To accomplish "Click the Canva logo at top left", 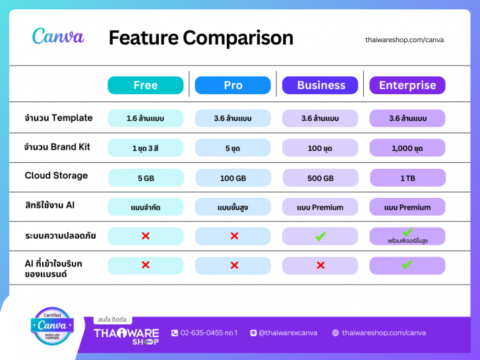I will [58, 36].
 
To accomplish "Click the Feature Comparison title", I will [200, 38].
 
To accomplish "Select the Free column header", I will [146, 85].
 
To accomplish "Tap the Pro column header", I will [233, 85].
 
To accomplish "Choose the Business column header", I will [320, 85].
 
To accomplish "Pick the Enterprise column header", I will [407, 85].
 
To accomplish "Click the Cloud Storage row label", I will [56, 175].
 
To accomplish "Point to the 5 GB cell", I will [146, 178].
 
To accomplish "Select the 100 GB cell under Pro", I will [233, 178].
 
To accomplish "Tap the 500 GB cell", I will [320, 178].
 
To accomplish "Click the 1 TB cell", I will [407, 178].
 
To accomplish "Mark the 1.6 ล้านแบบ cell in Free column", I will [146, 119].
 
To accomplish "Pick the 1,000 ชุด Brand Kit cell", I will [407, 148].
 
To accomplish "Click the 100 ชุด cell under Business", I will [320, 148].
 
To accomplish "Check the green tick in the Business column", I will [320, 236].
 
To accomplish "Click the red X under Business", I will [320, 265].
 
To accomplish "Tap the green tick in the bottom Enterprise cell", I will [407, 264].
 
